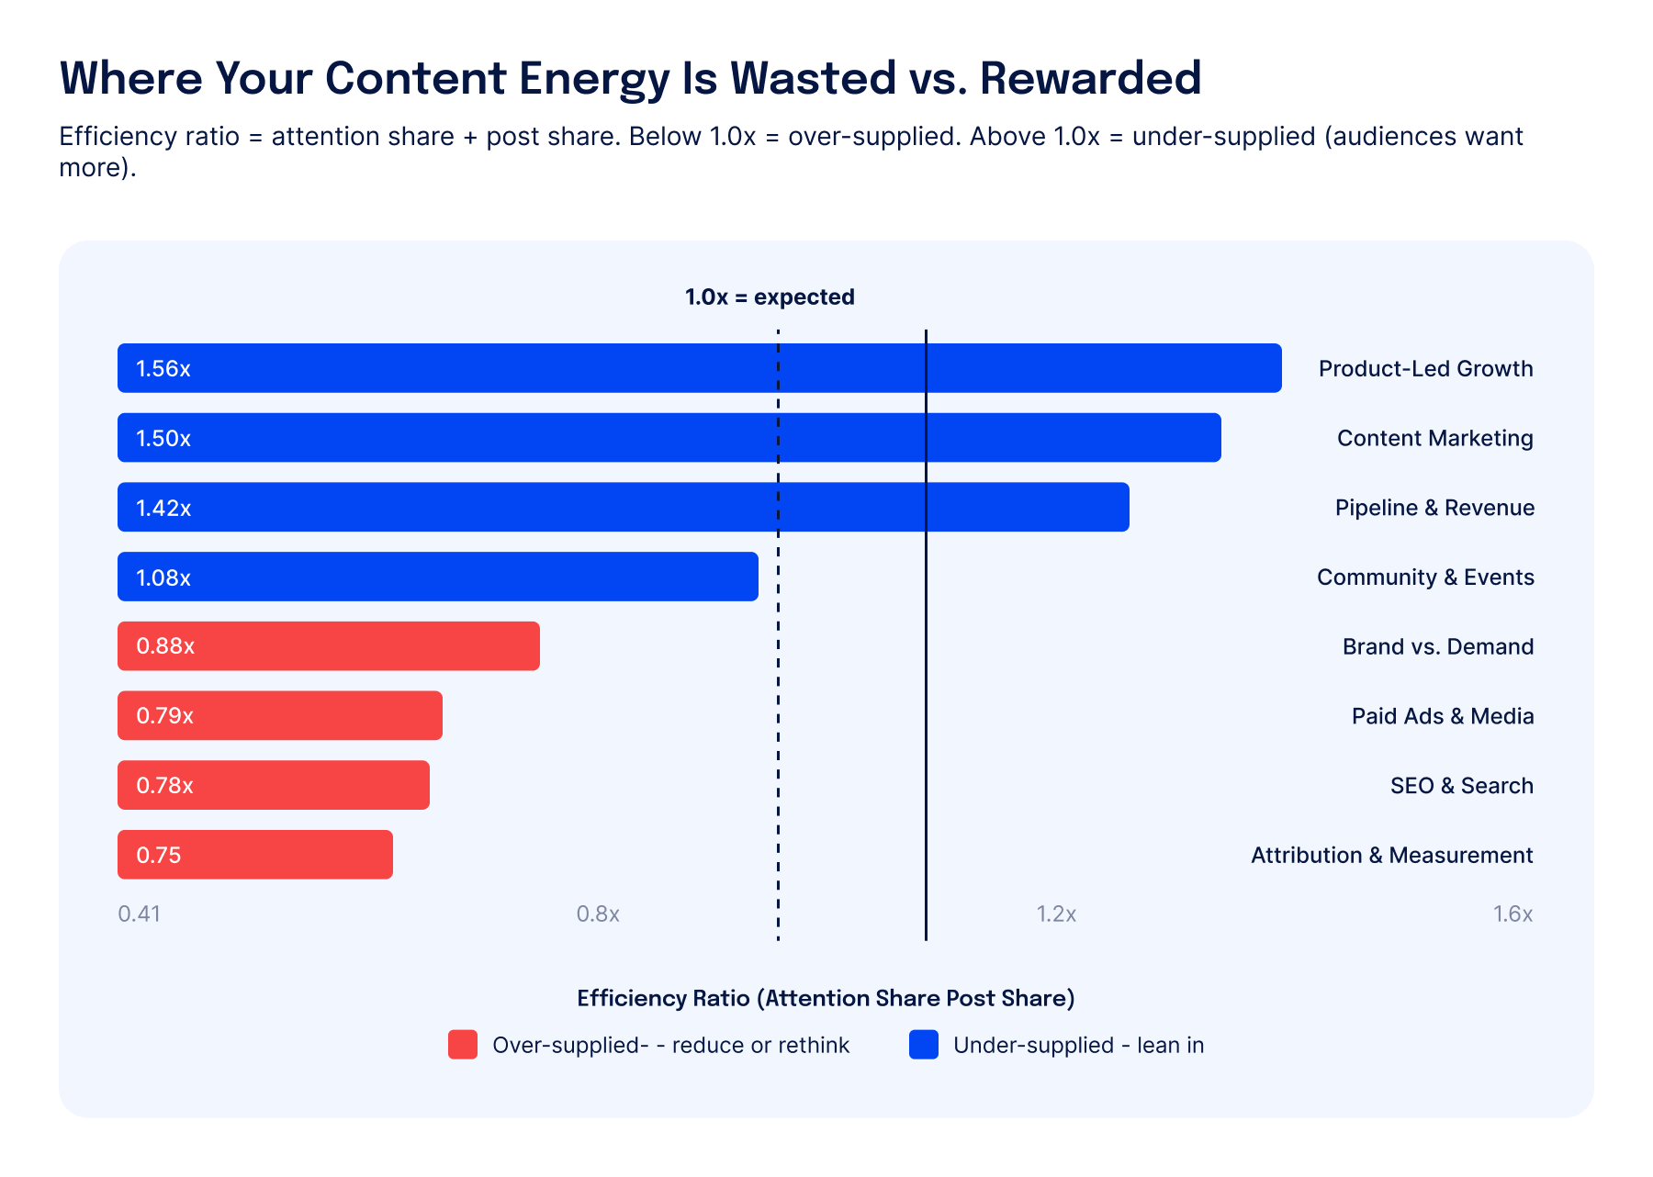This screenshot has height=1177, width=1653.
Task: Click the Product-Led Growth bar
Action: coord(700,368)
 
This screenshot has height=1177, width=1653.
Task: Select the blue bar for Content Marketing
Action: coord(669,438)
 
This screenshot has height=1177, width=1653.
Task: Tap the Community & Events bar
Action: coord(438,577)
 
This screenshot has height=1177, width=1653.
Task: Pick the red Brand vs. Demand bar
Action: coord(329,646)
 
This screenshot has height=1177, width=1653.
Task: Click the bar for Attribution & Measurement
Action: coord(255,855)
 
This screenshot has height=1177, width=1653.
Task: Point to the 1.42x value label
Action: coord(163,508)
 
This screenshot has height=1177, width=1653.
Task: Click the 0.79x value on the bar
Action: coord(165,716)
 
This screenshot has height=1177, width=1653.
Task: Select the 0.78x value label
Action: coord(165,786)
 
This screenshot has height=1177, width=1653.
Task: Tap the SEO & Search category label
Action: coord(1462,786)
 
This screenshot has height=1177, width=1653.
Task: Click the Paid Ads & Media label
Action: coord(1443,716)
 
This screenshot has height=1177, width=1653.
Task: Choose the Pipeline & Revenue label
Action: coord(1434,508)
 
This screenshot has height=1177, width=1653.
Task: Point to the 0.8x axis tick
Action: coord(598,914)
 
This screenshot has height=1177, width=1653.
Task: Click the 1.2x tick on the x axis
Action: coord(1056,914)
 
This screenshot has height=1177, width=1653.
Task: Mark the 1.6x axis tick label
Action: coord(1513,914)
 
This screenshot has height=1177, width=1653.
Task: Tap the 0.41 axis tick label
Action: coord(140,914)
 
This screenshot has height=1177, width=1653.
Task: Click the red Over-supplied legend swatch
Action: coord(463,1045)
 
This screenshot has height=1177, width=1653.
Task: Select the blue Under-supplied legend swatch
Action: coord(924,1045)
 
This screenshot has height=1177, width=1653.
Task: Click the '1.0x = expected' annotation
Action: coord(770,297)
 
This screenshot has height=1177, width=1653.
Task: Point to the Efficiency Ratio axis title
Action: coord(826,999)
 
